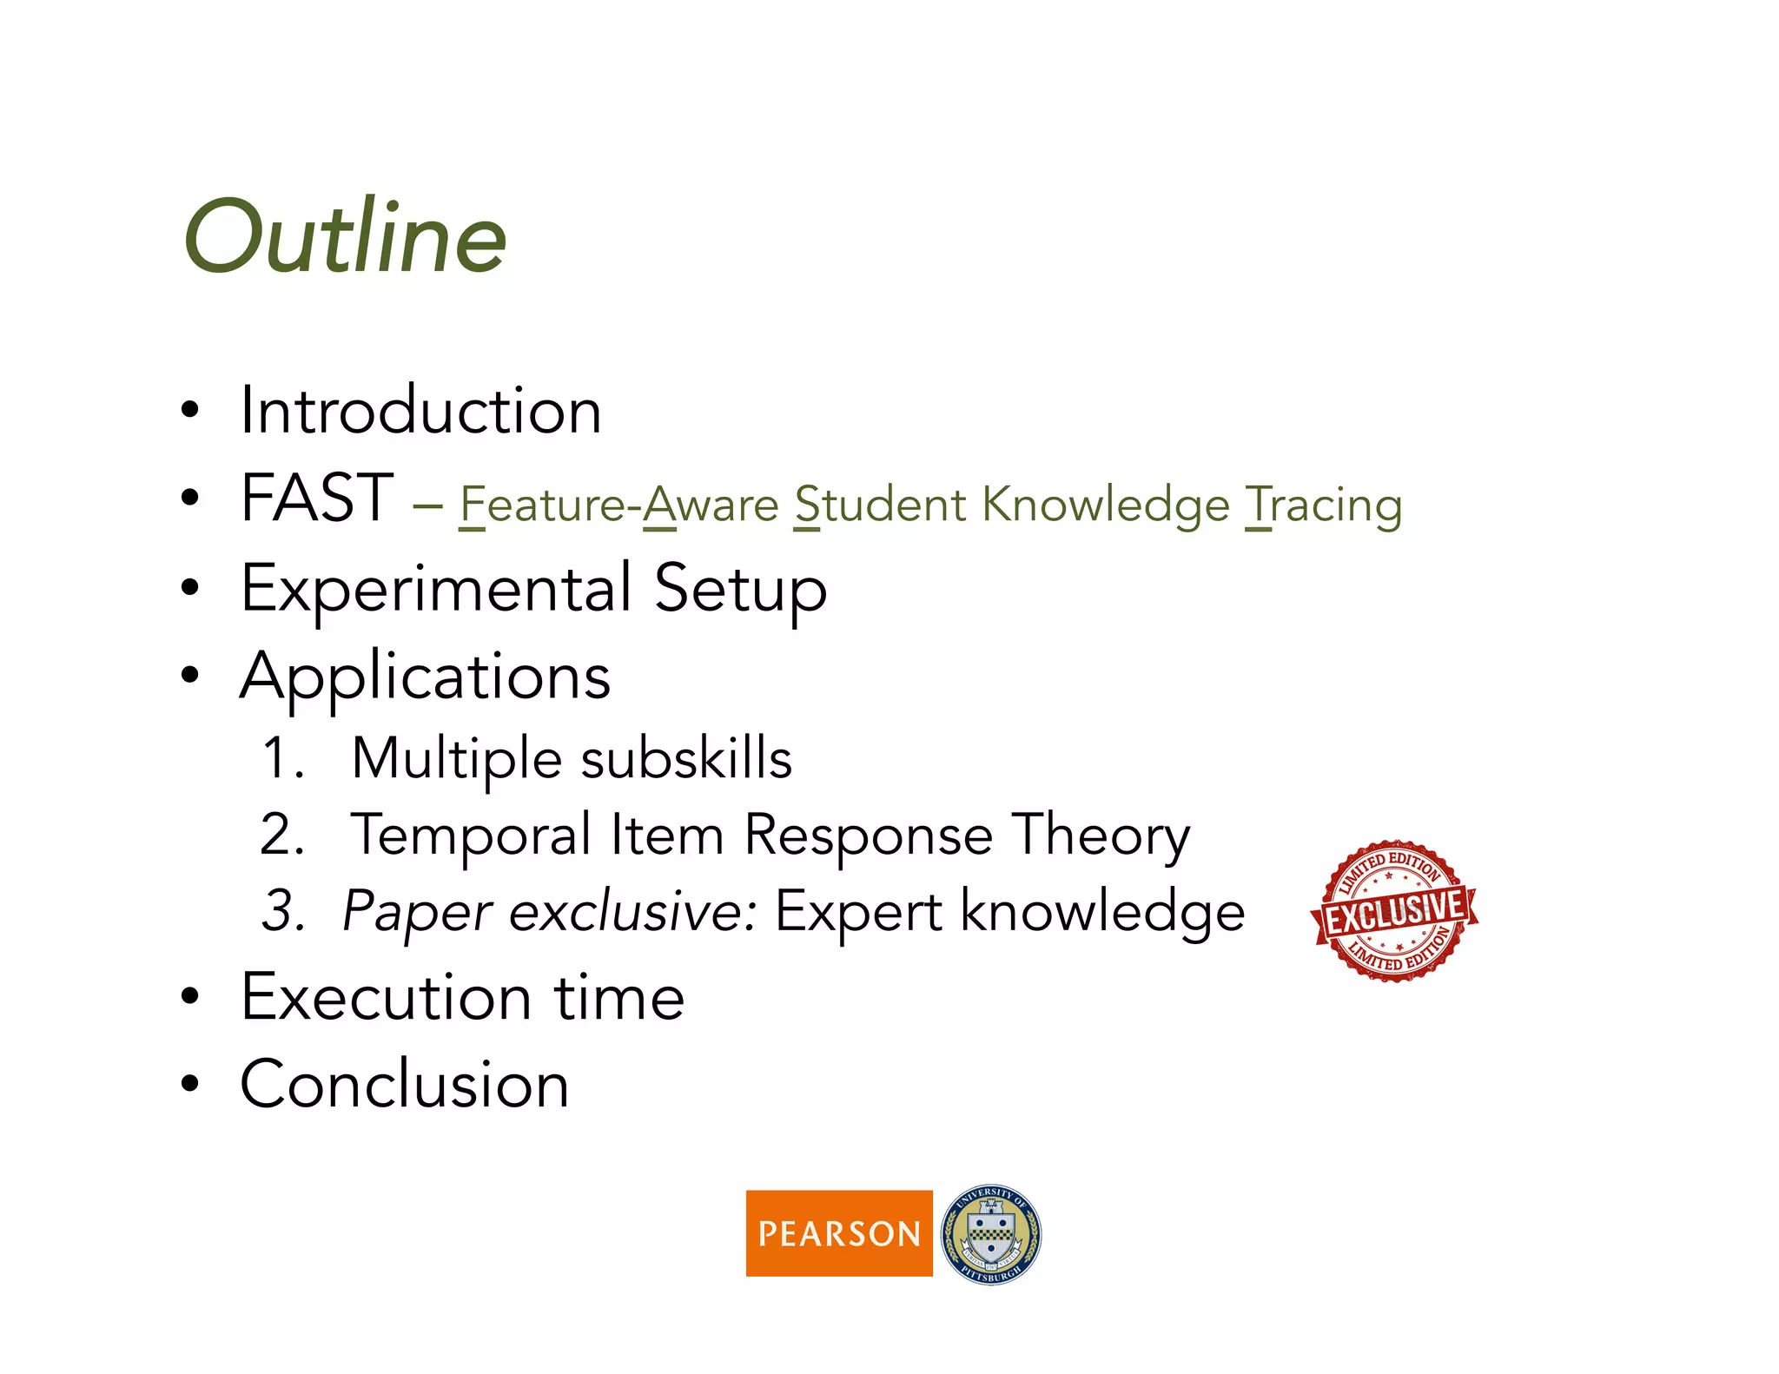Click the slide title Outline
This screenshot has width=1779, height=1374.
click(345, 236)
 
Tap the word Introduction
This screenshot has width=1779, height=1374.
click(420, 410)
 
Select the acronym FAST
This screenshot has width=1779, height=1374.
click(317, 498)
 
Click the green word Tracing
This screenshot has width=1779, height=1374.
click(1324, 505)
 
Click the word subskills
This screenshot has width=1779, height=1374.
click(686, 758)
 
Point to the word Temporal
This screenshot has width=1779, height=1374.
click(471, 836)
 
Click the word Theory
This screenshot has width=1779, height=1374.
click(1101, 836)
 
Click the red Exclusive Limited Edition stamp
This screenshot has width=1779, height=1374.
click(1394, 910)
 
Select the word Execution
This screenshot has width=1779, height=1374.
click(386, 997)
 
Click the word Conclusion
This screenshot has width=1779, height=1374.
click(404, 1084)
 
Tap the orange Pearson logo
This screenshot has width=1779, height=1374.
click(839, 1233)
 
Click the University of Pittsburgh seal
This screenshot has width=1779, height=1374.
click(991, 1234)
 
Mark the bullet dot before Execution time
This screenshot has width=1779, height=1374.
click(190, 997)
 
